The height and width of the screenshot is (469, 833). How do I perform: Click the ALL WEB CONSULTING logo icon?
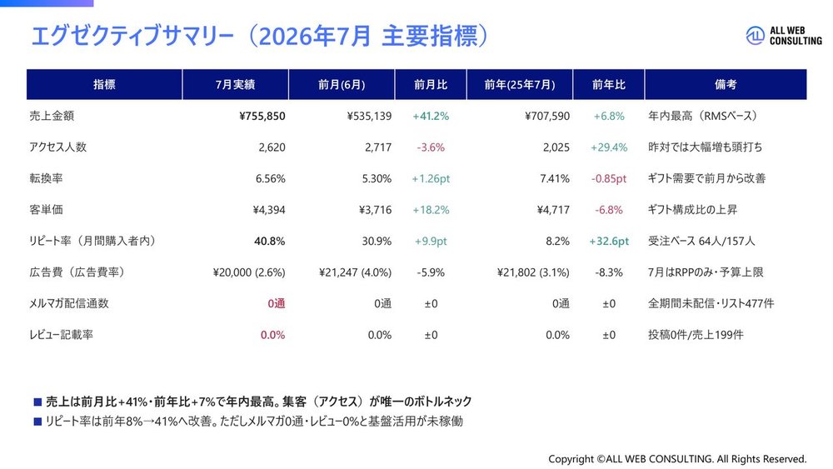(x=755, y=36)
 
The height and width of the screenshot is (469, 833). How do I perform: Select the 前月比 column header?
(x=431, y=84)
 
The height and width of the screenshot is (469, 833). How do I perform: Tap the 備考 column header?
(x=726, y=84)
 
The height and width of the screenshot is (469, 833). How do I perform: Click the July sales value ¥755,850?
(x=262, y=116)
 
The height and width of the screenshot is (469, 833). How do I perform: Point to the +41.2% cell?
(x=431, y=116)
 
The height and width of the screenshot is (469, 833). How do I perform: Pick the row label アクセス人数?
(x=58, y=147)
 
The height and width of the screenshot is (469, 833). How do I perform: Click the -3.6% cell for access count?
(x=431, y=147)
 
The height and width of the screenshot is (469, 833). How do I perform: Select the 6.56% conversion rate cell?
(x=271, y=178)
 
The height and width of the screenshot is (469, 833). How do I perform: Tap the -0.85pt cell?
(x=609, y=178)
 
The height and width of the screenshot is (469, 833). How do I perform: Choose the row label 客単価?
(x=46, y=210)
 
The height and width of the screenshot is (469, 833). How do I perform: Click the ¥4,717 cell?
(x=553, y=210)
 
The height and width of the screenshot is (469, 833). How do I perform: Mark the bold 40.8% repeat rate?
(x=269, y=241)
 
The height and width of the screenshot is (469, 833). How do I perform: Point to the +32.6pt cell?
(x=609, y=241)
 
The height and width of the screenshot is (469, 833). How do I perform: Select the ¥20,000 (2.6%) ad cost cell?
(x=248, y=272)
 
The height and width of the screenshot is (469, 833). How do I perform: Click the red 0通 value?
(x=277, y=304)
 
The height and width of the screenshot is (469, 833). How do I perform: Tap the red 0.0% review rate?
(x=272, y=335)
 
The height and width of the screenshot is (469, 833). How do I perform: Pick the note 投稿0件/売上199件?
(x=696, y=335)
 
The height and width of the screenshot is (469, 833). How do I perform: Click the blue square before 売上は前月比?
(x=37, y=402)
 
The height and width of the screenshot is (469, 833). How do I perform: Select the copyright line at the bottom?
(x=677, y=459)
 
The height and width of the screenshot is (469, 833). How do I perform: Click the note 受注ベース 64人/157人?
(x=701, y=241)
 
